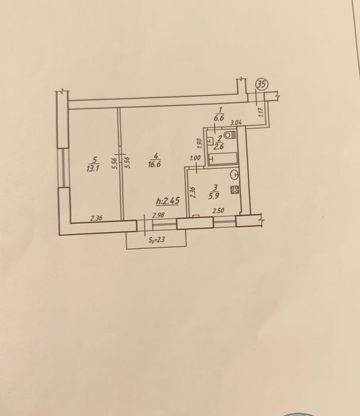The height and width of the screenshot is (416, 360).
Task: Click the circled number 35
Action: click(261, 85)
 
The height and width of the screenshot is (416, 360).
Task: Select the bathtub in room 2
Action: click(224, 159)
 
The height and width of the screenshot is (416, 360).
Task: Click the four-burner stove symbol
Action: click(234, 191)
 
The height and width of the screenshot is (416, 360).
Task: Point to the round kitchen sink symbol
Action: click(234, 175)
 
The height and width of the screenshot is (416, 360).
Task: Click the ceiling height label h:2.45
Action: click(167, 201)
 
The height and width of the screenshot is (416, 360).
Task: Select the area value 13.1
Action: click(92, 167)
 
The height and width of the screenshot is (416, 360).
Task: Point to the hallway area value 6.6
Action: click(218, 117)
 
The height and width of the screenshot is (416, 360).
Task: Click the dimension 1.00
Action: click(195, 158)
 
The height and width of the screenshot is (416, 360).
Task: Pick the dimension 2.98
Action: click(158, 216)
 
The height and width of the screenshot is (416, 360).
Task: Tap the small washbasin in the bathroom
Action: click(210, 142)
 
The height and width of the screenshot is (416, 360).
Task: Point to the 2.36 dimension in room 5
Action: click(96, 218)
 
